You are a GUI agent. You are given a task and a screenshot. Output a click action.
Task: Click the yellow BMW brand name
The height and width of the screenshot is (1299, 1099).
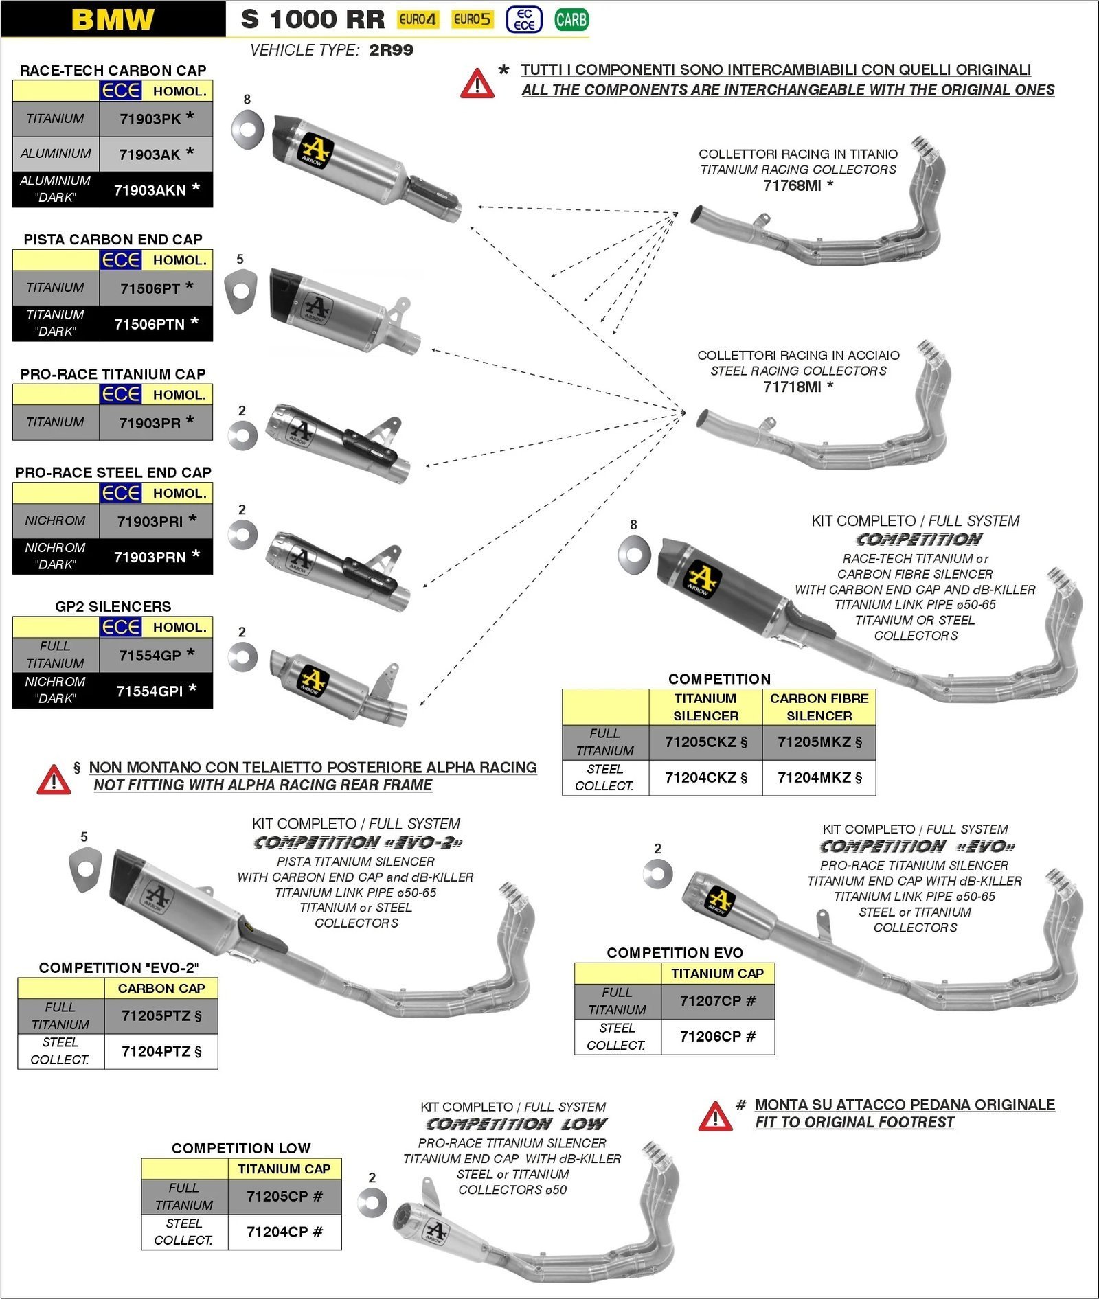113,19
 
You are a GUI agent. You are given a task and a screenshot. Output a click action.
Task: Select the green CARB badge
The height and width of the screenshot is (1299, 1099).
571,20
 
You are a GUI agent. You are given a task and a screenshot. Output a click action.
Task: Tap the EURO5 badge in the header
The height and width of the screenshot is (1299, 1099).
472,19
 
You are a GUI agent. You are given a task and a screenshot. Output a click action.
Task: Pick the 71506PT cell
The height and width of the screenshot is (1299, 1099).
156,288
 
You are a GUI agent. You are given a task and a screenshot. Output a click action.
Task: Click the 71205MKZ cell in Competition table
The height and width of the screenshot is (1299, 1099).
819,742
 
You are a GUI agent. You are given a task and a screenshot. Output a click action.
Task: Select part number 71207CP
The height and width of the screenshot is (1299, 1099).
717,1001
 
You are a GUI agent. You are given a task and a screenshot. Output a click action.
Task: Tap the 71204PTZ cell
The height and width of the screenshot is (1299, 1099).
161,1051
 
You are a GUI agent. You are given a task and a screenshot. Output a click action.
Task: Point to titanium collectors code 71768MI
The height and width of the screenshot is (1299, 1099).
797,185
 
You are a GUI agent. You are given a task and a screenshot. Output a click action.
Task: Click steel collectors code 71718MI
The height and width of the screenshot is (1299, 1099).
797,387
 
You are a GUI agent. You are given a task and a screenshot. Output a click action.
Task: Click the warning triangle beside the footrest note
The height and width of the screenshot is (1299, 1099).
715,1116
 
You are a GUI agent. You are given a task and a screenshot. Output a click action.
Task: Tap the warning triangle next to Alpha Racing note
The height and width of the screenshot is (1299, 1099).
54,780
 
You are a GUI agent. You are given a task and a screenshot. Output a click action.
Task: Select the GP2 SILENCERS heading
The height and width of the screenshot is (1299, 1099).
113,606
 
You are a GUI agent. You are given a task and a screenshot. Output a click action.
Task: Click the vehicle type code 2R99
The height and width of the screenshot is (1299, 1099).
391,50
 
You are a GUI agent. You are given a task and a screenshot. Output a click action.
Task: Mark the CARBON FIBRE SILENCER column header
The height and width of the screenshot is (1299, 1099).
819,706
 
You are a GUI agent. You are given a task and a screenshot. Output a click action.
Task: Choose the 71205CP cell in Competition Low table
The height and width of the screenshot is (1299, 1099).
284,1196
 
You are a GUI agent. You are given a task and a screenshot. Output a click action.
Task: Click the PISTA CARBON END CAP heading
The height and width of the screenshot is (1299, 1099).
113,239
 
